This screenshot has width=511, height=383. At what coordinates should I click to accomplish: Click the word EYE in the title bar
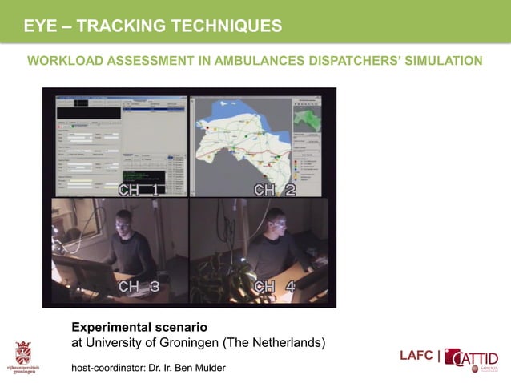(40, 26)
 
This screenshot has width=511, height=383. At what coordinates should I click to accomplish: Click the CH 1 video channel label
(138, 190)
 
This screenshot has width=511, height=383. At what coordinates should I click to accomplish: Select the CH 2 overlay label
(274, 190)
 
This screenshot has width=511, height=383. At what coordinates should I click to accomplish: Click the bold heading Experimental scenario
(139, 328)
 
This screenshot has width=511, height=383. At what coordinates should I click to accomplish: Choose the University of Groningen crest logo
(24, 353)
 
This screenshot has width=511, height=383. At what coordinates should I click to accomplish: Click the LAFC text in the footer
(416, 356)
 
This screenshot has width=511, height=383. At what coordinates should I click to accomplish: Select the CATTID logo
(473, 358)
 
